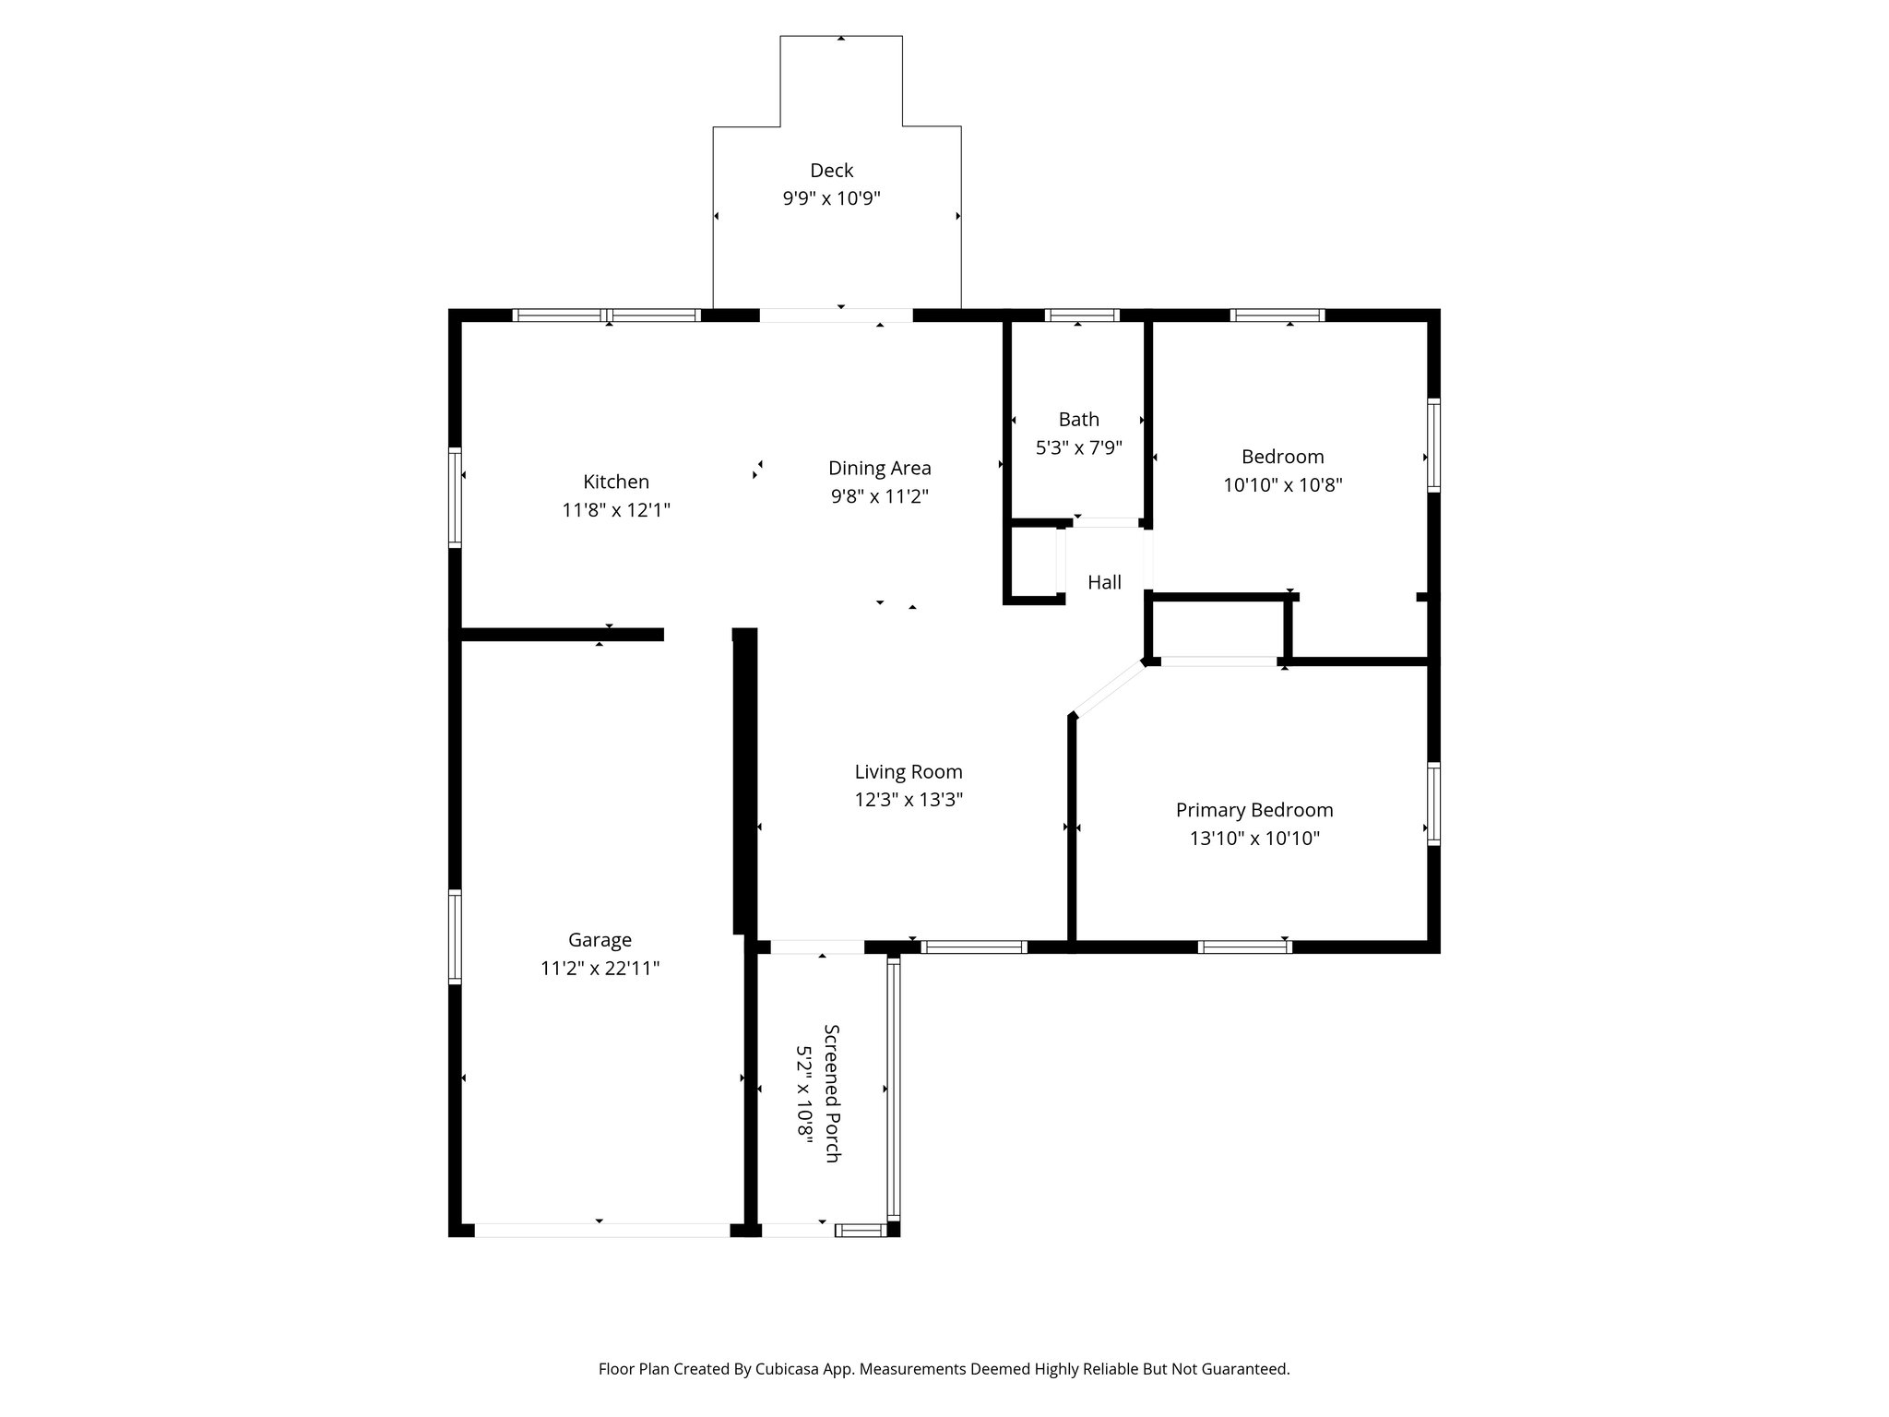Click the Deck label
tap(831, 170)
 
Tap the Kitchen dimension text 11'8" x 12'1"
tap(615, 510)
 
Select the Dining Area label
tap(879, 468)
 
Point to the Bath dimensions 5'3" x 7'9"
tap(1078, 448)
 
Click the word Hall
tap(1104, 582)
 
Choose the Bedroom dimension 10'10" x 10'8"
tap(1282, 485)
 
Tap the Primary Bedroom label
tap(1253, 810)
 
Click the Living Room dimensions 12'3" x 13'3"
tap(909, 800)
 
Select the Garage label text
tap(600, 940)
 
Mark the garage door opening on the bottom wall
tap(601, 1230)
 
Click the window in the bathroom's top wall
tap(1081, 315)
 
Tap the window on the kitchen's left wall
tap(455, 497)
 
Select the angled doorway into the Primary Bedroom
tap(1109, 688)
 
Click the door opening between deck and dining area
tap(836, 315)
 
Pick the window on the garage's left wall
tap(455, 935)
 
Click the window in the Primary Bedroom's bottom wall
tap(1244, 947)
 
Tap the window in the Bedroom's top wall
tap(1277, 315)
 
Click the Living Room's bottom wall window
tap(973, 947)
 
